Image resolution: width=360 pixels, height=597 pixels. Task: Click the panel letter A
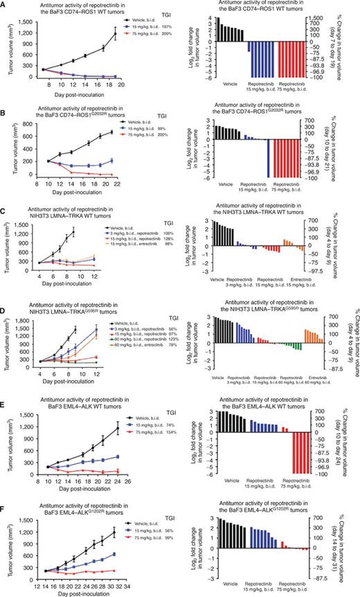click(x=4, y=5)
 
